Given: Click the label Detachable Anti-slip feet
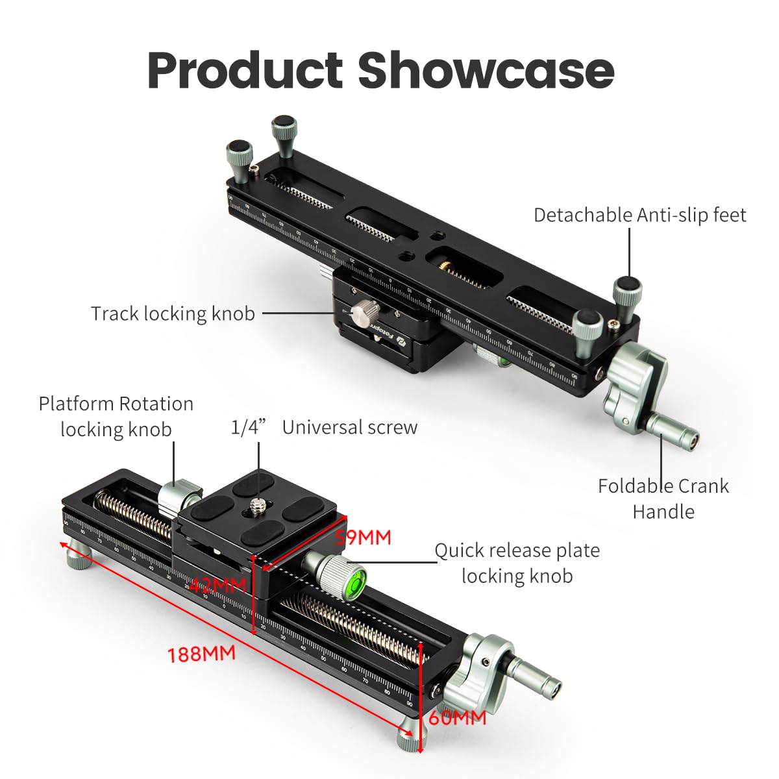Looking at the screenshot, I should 639,215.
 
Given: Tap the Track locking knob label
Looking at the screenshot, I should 173,314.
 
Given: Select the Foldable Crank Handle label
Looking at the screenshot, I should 663,498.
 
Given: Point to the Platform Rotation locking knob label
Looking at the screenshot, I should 116,416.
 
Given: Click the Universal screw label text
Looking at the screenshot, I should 349,427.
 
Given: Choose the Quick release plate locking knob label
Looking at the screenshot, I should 517,563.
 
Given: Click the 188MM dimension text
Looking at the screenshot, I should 201,653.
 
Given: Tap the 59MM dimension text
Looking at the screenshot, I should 363,538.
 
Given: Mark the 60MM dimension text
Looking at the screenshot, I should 457,717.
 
